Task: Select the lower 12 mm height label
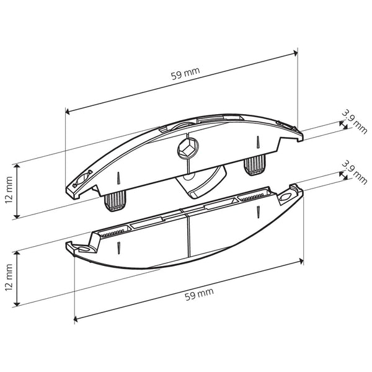coord(7,278)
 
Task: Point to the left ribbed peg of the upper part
coord(113,200)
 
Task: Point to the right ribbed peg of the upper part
coord(254,166)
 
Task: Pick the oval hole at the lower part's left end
coord(78,247)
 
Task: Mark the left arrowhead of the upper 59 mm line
coord(68,112)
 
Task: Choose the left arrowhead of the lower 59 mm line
coord(76,319)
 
